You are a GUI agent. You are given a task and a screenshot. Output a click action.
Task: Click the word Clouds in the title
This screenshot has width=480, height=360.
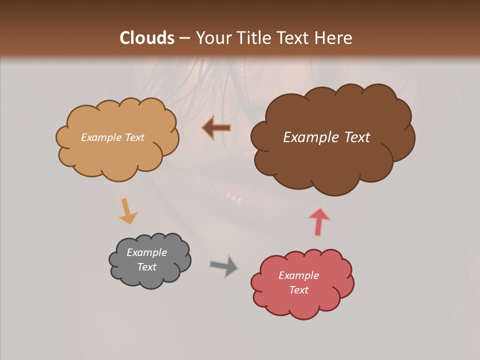(147, 38)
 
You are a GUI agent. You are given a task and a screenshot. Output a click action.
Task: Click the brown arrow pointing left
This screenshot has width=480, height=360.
(216, 128)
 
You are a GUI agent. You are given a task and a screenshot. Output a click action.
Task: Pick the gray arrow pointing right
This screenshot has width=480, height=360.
(224, 265)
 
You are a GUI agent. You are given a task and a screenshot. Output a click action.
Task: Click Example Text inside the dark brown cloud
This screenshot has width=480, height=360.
(326, 137)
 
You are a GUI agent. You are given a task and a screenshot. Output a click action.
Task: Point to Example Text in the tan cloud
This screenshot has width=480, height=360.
(112, 137)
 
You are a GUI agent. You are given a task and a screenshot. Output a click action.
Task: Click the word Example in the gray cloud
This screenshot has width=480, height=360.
(146, 252)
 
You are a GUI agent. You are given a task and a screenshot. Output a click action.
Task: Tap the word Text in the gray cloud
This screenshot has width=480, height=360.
(147, 267)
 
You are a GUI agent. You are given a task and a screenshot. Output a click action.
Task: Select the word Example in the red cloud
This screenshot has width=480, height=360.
(298, 275)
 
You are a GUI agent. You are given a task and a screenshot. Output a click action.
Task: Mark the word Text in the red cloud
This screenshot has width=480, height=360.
(299, 290)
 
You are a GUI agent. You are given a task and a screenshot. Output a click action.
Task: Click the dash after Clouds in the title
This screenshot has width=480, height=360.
(183, 38)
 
